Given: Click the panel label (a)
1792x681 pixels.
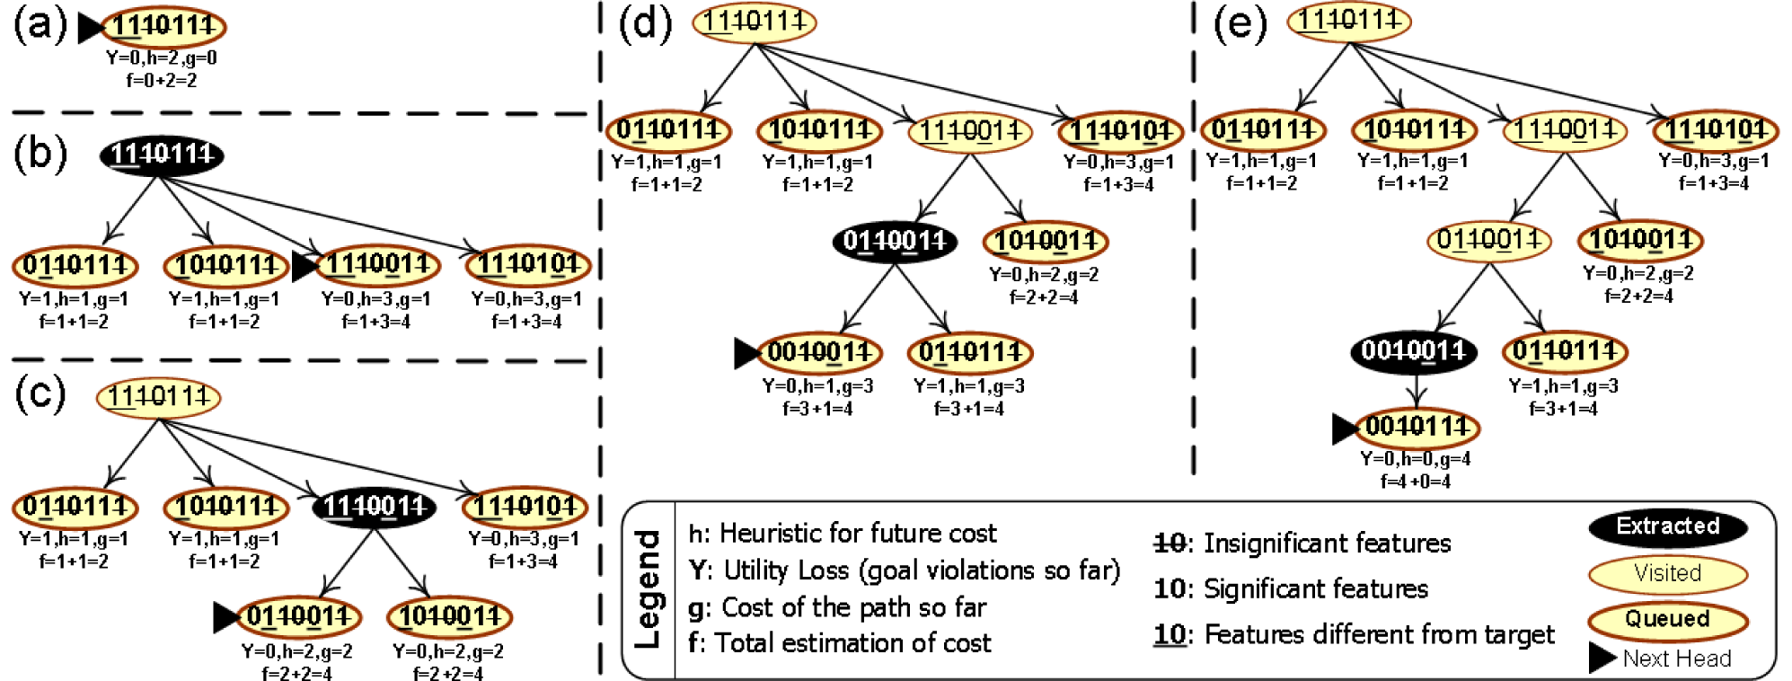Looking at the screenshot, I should [x=40, y=25].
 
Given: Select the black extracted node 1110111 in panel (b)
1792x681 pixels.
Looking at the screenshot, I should [x=162, y=155].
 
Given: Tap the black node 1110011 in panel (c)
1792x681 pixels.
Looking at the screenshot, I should [x=374, y=507].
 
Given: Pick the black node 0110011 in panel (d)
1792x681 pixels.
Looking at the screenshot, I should [x=895, y=241].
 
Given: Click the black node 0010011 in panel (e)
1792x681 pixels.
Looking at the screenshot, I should [x=1413, y=350].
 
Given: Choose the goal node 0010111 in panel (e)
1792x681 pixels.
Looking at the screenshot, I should [x=1417, y=427].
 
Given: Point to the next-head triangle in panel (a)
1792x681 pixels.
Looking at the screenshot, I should [x=90, y=28].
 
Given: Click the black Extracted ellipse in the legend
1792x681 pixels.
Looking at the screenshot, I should [x=1667, y=526].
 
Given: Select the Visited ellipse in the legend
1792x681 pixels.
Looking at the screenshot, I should [x=1667, y=573].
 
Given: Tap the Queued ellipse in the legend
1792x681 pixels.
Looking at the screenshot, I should [x=1667, y=619].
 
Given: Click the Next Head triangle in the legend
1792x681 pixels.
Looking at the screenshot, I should [x=1602, y=658].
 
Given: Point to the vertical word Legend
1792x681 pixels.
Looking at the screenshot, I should [x=648, y=588].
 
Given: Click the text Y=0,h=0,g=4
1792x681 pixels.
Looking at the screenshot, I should [x=1416, y=459].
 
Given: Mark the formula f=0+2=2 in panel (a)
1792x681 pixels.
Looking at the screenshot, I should [x=162, y=80].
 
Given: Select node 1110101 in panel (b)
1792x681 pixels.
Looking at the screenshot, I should [x=528, y=265].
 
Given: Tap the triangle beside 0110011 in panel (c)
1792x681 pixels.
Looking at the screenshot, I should [x=225, y=617].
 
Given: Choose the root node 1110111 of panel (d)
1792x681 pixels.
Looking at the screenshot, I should [x=754, y=22].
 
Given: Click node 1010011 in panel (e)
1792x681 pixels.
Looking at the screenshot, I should [x=1640, y=240].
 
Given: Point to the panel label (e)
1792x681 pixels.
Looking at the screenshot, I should [x=1240, y=23].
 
